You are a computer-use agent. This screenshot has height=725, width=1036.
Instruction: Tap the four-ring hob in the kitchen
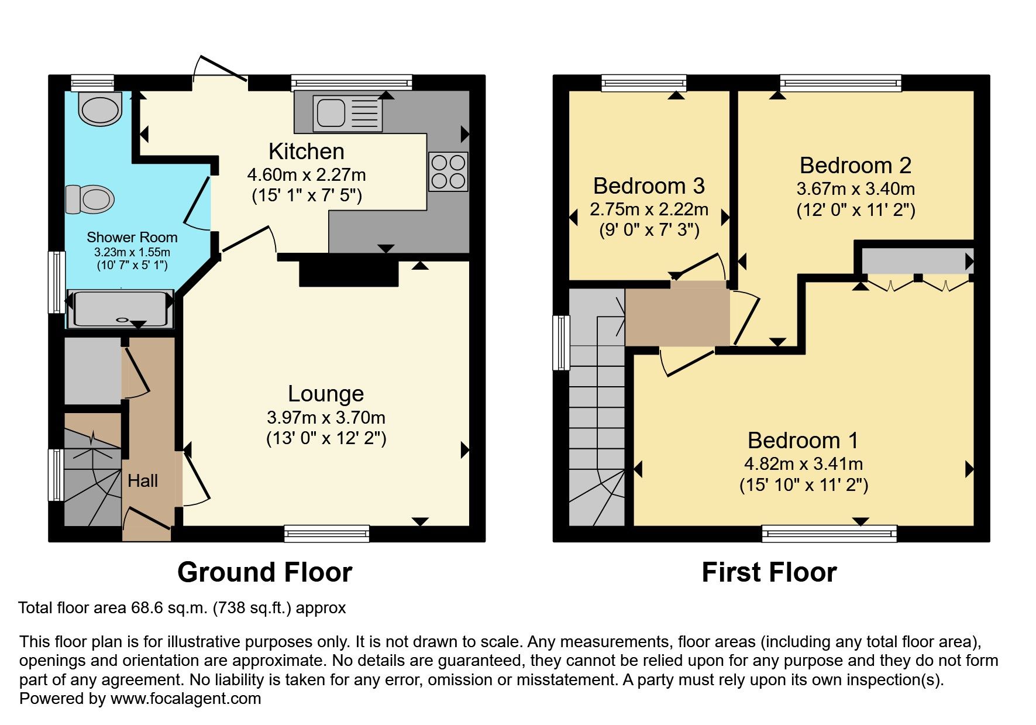pos(448,172)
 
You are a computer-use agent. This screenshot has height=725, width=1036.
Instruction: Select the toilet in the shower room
pos(89,199)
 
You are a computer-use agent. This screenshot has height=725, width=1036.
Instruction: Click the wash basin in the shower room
pos(99,109)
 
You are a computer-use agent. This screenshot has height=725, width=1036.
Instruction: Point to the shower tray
pos(120,308)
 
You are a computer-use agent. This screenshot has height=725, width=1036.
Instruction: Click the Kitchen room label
pos(306,152)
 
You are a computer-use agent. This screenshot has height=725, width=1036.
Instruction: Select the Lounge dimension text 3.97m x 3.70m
pos(326,418)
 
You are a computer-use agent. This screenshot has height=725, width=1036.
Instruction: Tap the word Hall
pos(143,481)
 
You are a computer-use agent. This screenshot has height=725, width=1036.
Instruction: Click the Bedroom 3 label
pos(648,186)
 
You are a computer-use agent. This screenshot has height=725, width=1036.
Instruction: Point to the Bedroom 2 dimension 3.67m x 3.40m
pos(855,189)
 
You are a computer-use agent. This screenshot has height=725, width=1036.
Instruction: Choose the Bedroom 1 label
pos(803,441)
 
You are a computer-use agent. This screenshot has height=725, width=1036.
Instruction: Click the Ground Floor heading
pos(264,572)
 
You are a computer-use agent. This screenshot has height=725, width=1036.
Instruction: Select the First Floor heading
pos(769,572)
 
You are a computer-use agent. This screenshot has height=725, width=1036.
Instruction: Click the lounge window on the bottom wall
pos(326,533)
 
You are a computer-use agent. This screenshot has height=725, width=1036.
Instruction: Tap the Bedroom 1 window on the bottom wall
pos(829,533)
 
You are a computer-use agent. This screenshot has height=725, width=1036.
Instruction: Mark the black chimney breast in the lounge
pos(349,273)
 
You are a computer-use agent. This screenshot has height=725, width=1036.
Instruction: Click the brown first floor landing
pos(677,316)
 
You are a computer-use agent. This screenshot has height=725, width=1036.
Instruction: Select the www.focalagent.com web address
pos(185,699)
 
